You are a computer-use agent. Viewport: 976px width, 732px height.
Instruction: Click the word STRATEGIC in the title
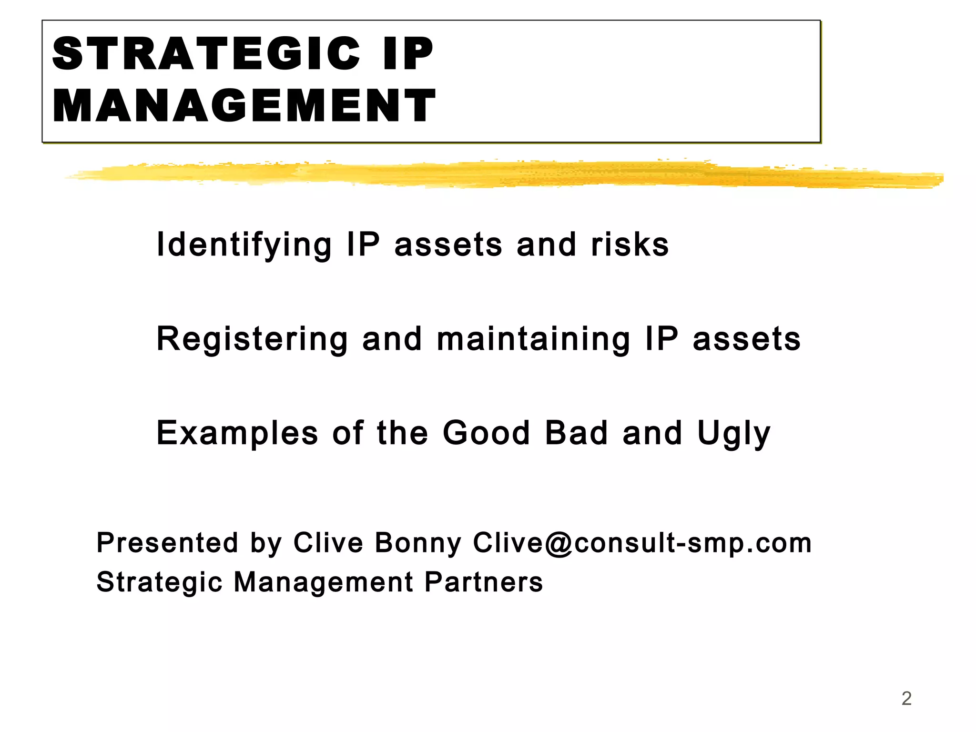[x=206, y=54]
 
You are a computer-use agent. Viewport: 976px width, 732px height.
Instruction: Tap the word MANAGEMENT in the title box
[x=244, y=106]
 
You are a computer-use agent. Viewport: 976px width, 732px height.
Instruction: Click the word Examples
[x=237, y=433]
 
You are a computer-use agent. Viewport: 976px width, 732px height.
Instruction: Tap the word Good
[x=486, y=433]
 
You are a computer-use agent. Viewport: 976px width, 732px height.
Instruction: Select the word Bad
[x=577, y=433]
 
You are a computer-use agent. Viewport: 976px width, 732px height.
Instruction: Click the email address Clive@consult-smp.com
[x=642, y=543]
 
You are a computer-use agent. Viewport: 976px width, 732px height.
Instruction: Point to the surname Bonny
[x=418, y=543]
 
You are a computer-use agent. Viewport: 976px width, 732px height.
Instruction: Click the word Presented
[x=167, y=543]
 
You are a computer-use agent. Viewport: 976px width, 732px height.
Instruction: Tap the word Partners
[x=483, y=582]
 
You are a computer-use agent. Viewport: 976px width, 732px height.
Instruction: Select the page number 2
[x=906, y=699]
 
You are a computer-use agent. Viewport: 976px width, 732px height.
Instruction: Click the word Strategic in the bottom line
[x=159, y=582]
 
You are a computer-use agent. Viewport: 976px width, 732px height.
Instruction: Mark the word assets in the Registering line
[x=747, y=339]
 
